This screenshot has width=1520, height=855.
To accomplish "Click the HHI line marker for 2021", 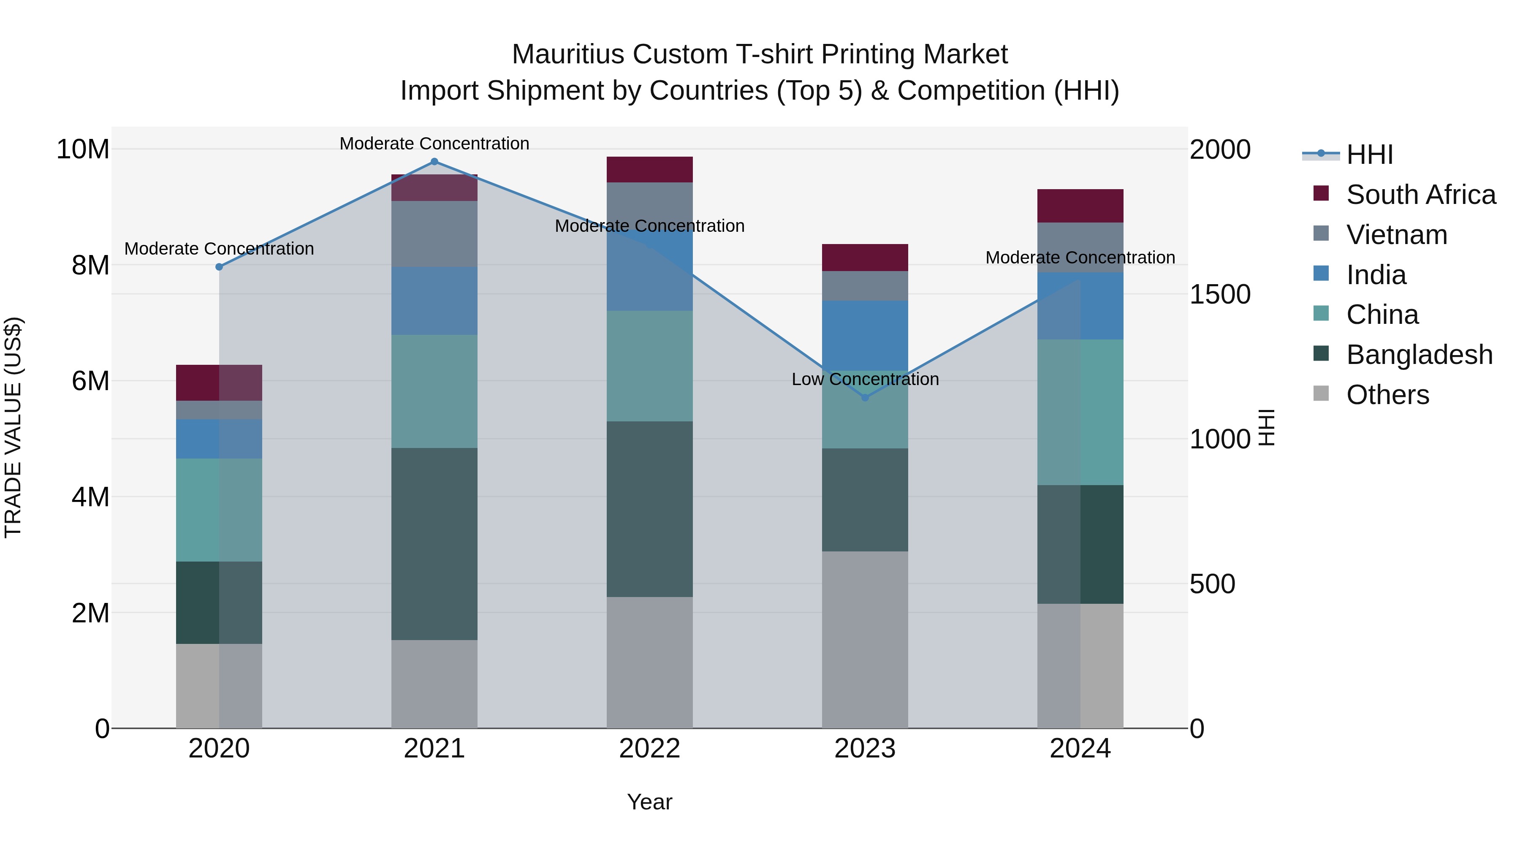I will [x=434, y=162].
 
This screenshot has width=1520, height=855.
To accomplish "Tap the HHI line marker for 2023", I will [x=865, y=398].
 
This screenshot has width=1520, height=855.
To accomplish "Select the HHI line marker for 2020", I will [x=219, y=267].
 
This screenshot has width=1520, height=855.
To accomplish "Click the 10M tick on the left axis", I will [x=83, y=149].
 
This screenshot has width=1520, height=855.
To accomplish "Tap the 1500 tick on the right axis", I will [x=1219, y=294].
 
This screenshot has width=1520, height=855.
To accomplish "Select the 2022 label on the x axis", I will [x=650, y=749].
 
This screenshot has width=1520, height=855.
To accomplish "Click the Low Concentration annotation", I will [x=865, y=380].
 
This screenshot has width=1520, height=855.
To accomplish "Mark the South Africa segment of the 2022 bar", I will [x=650, y=170].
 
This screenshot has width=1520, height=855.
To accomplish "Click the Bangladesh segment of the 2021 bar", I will [x=434, y=544].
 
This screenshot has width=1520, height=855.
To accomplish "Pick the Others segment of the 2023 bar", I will [x=865, y=640].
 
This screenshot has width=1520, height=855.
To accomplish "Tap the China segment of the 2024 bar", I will [x=1080, y=413].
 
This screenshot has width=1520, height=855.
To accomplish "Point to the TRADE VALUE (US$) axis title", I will [x=13, y=427].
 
